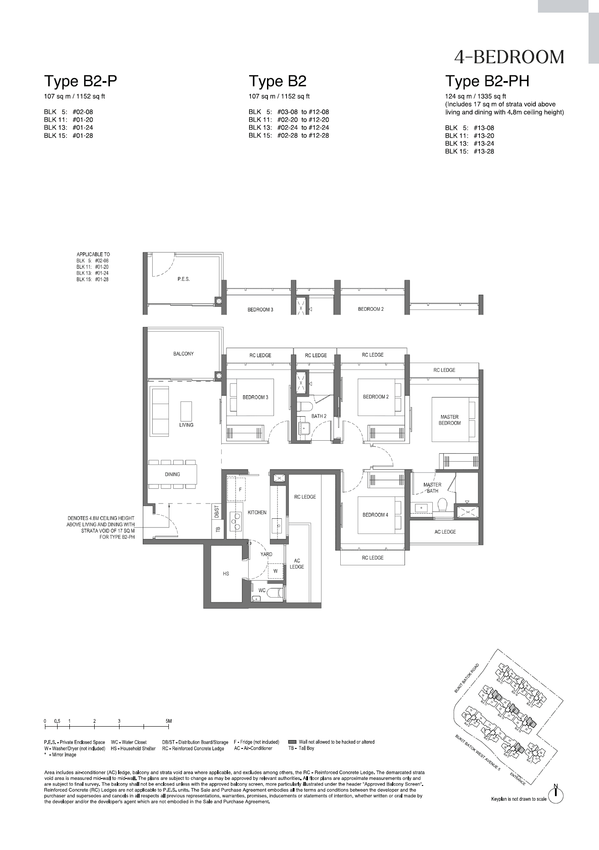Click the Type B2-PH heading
pyautogui.click(x=487, y=81)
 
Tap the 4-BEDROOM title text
pyautogui.click(x=509, y=57)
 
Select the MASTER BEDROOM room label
pyautogui.click(x=449, y=420)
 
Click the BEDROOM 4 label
pyautogui.click(x=375, y=515)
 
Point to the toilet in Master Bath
pyautogui.click(x=442, y=505)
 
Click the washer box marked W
pyautogui.click(x=275, y=571)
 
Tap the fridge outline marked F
pyautogui.click(x=240, y=490)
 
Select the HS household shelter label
pyautogui.click(x=226, y=574)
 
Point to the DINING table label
pyautogui.click(x=172, y=474)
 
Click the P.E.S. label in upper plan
pyautogui.click(x=183, y=279)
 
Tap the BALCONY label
pyautogui.click(x=183, y=354)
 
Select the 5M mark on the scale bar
pyautogui.click(x=168, y=721)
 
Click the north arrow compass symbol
pyautogui.click(x=555, y=796)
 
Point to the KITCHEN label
pyautogui.click(x=257, y=512)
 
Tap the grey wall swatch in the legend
pyautogui.click(x=292, y=741)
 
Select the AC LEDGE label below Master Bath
pyautogui.click(x=445, y=531)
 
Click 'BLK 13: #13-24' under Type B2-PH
pyautogui.click(x=469, y=143)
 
